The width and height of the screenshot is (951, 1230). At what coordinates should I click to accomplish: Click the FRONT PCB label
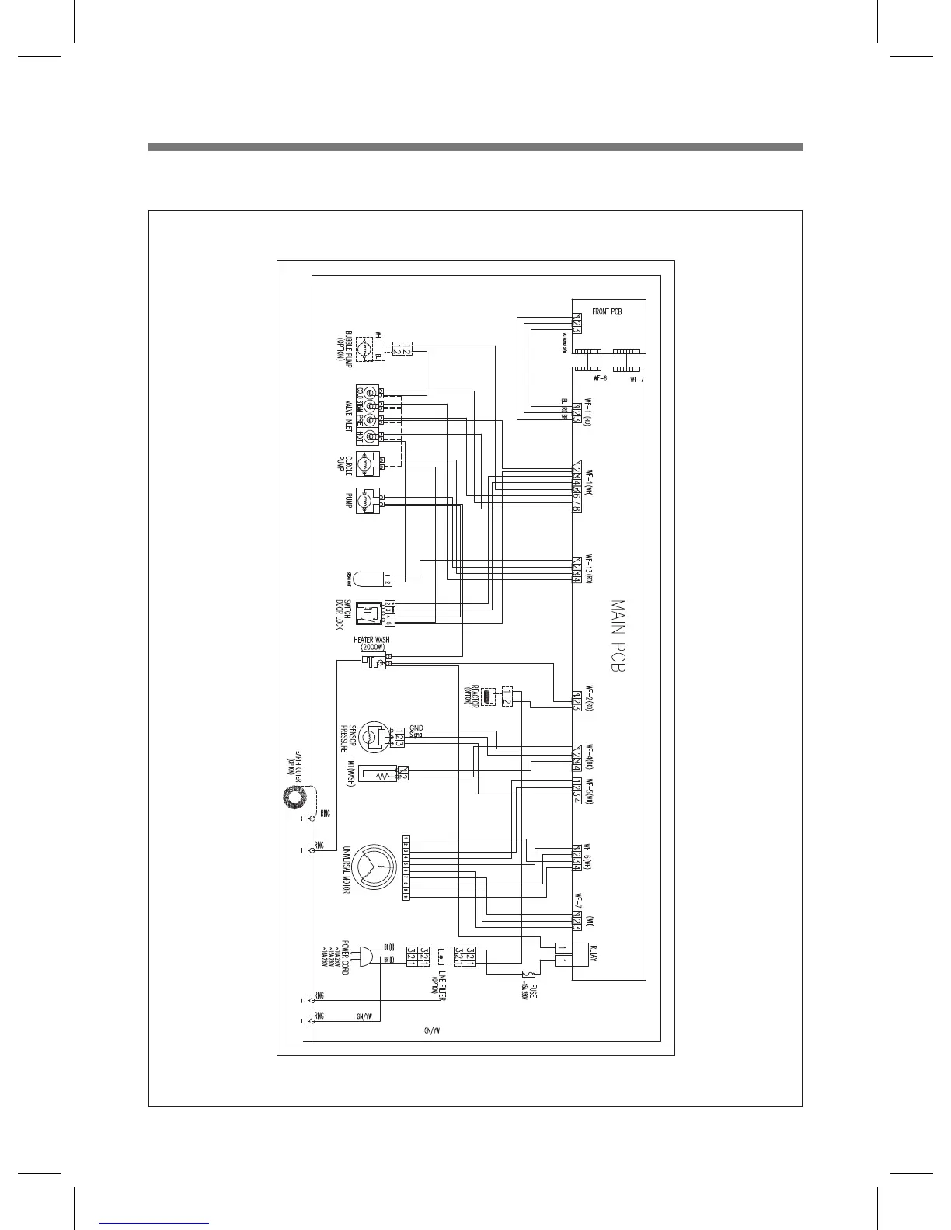[607, 312]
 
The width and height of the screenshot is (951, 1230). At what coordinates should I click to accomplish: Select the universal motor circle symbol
[374, 867]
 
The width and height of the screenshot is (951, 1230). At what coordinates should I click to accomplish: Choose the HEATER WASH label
[371, 641]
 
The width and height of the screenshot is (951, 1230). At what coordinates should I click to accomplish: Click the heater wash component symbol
[372, 661]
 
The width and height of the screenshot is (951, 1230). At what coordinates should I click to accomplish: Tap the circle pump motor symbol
[366, 464]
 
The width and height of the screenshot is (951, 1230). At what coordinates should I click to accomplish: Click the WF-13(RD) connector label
[589, 570]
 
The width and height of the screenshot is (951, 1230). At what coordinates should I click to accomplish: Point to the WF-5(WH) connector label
[589, 791]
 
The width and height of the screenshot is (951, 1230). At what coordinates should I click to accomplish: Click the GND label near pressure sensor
[416, 728]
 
